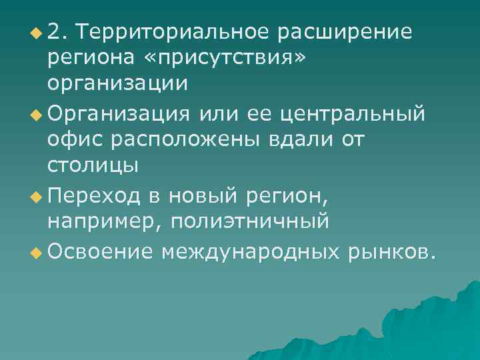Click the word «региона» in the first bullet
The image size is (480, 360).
89,58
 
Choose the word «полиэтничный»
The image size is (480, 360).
250,221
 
